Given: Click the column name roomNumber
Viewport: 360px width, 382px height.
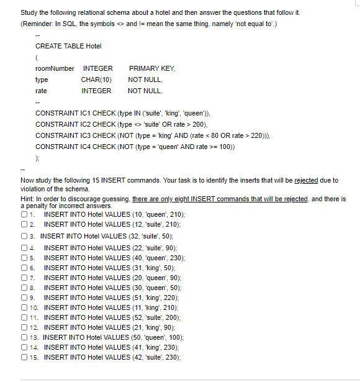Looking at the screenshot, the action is pyautogui.click(x=55, y=68).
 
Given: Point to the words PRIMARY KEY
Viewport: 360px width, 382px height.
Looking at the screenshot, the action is pyautogui.click(x=152, y=68).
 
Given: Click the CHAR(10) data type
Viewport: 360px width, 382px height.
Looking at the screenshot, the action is pyautogui.click(x=96, y=80).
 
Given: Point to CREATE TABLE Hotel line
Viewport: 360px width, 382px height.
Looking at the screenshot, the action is pyautogui.click(x=68, y=46).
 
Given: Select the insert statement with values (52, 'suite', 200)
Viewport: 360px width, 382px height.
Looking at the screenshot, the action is pyautogui.click(x=112, y=317).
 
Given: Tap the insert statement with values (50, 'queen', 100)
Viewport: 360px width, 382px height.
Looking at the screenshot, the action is pyautogui.click(x=113, y=337).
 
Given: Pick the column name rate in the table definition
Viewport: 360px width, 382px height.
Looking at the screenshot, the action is pyautogui.click(x=41, y=91).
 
